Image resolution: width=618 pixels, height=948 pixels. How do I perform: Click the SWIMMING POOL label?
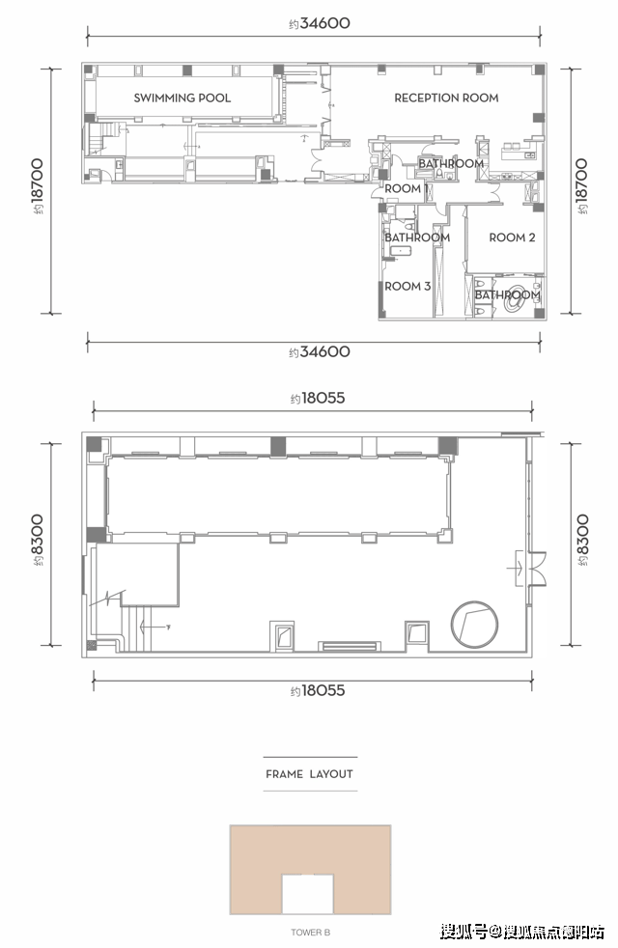(182, 98)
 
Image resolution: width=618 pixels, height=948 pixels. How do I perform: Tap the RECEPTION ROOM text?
(446, 98)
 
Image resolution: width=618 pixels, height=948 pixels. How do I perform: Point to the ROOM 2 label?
(512, 237)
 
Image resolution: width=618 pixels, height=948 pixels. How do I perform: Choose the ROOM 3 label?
(407, 286)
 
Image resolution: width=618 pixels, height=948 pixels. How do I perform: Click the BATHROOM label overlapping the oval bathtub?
(507, 295)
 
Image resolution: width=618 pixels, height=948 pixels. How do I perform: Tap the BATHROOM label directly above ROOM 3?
(417, 237)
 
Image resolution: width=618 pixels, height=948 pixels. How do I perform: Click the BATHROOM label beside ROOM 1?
(451, 163)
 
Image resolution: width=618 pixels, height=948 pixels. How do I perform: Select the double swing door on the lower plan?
(536, 569)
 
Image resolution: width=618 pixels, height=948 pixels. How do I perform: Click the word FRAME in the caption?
(284, 774)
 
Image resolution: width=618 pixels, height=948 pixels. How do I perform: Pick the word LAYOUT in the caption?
(331, 774)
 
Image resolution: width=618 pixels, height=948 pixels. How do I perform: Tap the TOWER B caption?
(310, 933)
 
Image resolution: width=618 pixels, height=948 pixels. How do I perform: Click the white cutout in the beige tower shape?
(308, 894)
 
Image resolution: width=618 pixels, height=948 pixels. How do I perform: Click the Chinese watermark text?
(522, 931)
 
